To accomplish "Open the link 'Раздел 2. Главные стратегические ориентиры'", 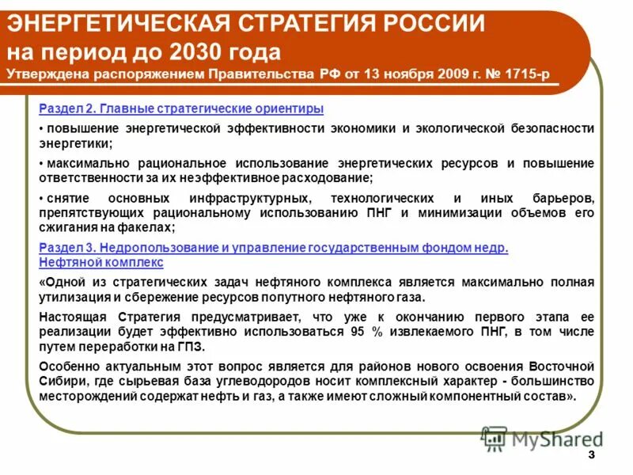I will coord(181,108).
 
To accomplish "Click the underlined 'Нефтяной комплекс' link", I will coord(100,262).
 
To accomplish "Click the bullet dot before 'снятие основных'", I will coord(41,198).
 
